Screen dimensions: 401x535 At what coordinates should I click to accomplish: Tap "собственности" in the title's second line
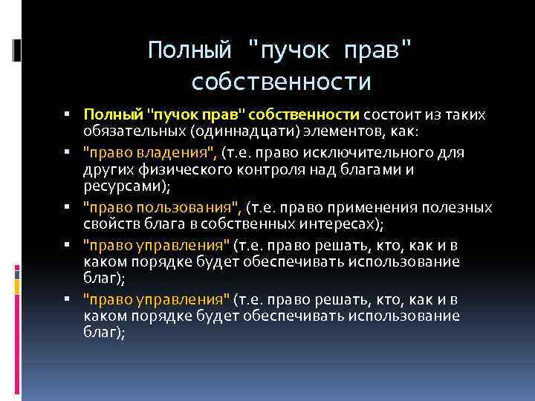point(281,81)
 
